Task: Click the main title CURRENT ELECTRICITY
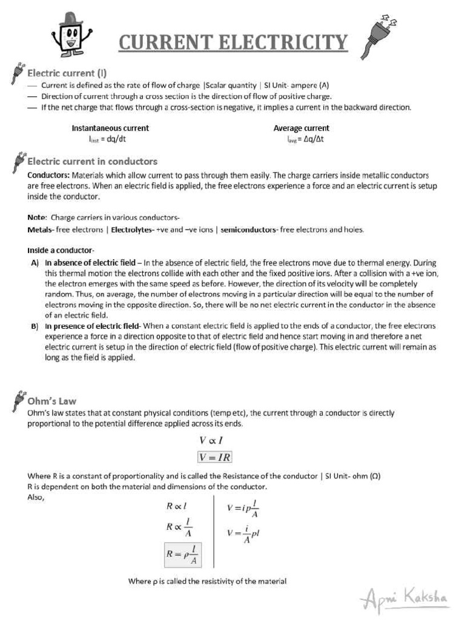(x=233, y=43)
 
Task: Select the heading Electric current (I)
(x=67, y=73)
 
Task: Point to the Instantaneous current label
(x=110, y=128)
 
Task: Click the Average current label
(x=302, y=128)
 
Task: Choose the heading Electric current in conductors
(x=93, y=162)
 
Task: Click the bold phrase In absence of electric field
(x=90, y=263)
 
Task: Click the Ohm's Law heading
(x=52, y=401)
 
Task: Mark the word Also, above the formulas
(x=36, y=497)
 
